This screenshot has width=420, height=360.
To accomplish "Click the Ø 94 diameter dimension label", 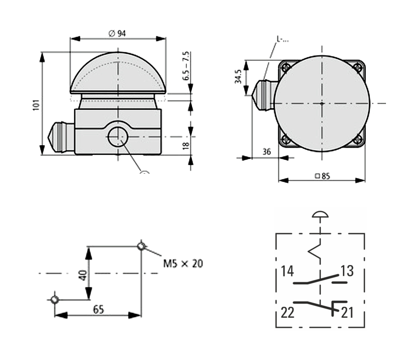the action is pos(117,34).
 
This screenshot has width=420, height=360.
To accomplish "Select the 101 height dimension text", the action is pos(36,105).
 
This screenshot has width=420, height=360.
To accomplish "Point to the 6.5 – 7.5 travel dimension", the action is pos(186,66).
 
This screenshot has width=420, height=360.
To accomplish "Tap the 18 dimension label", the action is pos(186,145).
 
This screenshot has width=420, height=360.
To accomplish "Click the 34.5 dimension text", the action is pos(238,76).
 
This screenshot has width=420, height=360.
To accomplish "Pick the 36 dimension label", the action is pos(267,152).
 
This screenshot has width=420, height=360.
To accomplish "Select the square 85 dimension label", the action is pos(322,176).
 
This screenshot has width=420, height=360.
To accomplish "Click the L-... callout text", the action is pos(282,40).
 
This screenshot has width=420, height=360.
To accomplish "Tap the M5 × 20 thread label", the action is pos(183,264).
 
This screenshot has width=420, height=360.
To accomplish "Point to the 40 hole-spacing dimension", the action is pos(83,275).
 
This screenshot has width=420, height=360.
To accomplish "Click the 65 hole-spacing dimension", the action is pos(99,309).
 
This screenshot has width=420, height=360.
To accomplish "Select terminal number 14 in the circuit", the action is pos(287,271).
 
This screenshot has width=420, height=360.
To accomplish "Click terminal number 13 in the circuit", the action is pos(347,271).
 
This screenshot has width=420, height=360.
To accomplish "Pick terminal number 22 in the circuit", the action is pos(287,313).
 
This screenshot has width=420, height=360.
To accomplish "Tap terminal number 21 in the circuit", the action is pos(347,313).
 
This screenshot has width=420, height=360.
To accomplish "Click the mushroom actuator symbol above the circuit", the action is pos(320,214).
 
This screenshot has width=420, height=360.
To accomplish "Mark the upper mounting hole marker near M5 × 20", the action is pos(141,246).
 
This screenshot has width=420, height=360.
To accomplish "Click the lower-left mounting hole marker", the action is pos(55,300).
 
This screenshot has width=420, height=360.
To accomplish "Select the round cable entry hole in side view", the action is pos(118,137).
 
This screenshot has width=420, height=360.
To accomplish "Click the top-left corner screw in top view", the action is pos(285,67).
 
